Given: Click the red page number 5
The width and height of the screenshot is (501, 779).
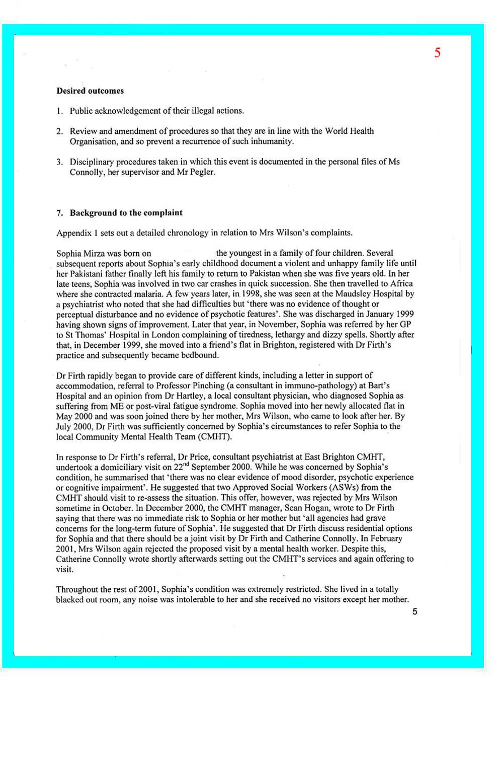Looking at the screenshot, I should coord(437,53).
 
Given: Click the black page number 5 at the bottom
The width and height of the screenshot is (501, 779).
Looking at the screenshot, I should coord(414,612).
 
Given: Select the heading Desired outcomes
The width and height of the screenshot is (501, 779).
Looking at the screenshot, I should coord(90,91).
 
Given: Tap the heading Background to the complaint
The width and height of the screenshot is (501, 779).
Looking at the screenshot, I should coord(126,213).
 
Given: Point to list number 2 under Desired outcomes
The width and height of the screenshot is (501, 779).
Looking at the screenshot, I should coord(59,131).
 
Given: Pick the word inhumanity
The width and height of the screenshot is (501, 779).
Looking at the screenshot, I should coord(273,141).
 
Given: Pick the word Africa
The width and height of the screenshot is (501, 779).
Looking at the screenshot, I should coord(401,283).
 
